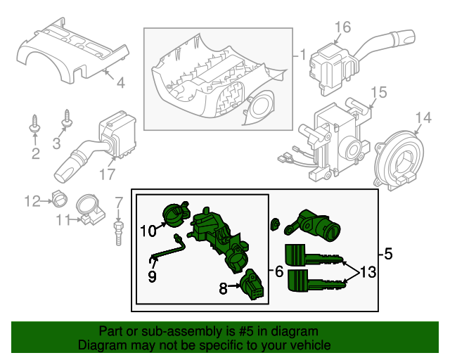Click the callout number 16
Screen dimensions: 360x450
[x=342, y=27]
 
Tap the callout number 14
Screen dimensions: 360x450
[x=422, y=117]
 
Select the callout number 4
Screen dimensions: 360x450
[x=120, y=84]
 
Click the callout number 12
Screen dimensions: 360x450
[x=32, y=202]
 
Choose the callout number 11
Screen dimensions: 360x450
[x=65, y=220]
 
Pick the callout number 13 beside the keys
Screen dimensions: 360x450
[x=368, y=272]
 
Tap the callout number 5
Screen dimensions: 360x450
[x=389, y=252]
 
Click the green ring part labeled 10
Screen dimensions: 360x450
[x=175, y=214]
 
